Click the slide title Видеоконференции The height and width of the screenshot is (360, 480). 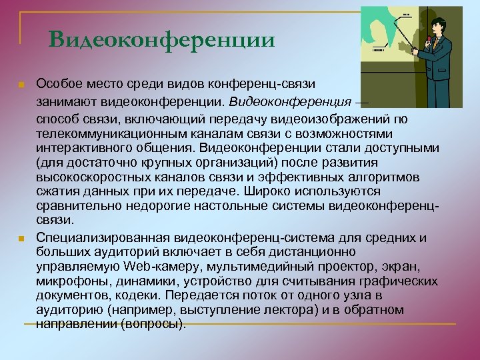point(161,40)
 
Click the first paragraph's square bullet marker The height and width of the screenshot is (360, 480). point(21,85)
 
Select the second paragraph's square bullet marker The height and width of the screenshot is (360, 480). point(21,239)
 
